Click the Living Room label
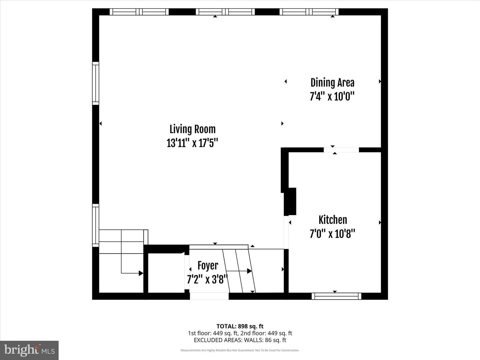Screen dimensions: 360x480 [x=192, y=129]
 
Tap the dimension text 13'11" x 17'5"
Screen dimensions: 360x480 [x=192, y=143]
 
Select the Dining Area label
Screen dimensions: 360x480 [x=332, y=83]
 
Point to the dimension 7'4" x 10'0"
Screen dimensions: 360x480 [x=332, y=97]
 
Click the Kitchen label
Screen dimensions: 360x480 [x=333, y=220]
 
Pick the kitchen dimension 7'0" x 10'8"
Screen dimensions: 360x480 [x=332, y=234]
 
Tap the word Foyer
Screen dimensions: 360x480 [x=208, y=266]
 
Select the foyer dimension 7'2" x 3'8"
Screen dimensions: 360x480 [x=207, y=279]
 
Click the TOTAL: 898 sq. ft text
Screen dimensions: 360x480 [x=240, y=326]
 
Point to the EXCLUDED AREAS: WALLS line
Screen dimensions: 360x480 [x=240, y=340]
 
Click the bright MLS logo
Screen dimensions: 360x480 [x=29, y=350]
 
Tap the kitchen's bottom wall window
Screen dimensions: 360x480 [x=336, y=296]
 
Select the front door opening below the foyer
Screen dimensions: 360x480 [x=209, y=296]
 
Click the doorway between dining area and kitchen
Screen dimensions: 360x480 [x=341, y=150]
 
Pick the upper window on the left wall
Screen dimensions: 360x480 [x=96, y=83]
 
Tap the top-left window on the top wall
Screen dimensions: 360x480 [x=139, y=12]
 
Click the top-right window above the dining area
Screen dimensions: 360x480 [x=309, y=12]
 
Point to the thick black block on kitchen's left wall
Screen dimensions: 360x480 [x=290, y=201]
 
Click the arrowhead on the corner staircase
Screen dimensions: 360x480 [x=141, y=273]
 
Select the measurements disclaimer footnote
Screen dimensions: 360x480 [x=240, y=350]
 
